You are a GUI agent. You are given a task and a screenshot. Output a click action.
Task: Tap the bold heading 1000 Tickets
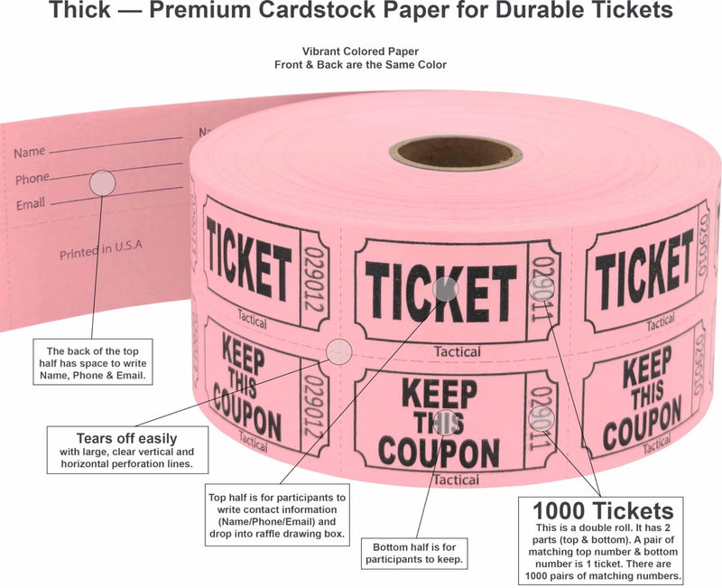point(602,509)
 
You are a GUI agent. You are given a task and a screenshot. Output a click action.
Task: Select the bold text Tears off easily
point(125,438)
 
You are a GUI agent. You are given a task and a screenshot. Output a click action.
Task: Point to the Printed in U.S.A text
point(101,249)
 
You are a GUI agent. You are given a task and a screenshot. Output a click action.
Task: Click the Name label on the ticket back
point(29,152)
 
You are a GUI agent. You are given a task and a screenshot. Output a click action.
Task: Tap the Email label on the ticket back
point(30,204)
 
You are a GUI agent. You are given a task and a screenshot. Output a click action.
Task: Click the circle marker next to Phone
point(102,182)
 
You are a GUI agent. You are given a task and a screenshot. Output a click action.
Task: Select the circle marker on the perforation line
point(338,350)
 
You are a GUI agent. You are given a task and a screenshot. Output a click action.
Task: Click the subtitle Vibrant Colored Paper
point(360,52)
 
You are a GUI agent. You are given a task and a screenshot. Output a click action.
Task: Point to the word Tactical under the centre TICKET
point(457,351)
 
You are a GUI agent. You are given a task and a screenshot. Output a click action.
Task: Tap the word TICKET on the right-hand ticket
point(643,268)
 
